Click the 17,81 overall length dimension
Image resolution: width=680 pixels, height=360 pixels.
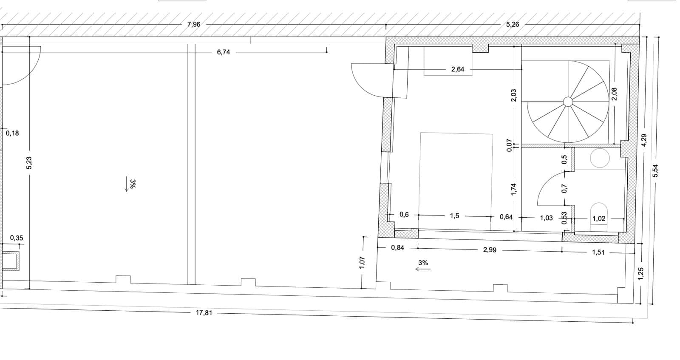(204, 313)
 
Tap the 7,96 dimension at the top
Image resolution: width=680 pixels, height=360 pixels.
(193, 24)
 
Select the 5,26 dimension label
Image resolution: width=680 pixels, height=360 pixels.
(513, 24)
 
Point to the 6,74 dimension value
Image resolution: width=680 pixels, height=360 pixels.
(223, 52)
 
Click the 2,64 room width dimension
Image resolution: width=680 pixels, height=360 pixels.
(457, 69)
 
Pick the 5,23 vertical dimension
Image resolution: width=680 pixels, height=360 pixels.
(29, 163)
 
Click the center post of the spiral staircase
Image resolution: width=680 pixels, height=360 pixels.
(567, 101)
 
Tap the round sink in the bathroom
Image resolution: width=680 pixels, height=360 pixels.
(600, 158)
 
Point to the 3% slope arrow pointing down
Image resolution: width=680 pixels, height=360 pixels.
(127, 185)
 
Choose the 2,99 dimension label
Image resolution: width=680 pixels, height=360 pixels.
(490, 250)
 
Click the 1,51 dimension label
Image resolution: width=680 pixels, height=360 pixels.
(598, 252)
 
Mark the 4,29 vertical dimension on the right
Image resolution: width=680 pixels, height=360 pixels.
(643, 140)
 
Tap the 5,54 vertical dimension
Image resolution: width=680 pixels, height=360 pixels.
(655, 170)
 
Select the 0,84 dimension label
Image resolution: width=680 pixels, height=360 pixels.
(397, 247)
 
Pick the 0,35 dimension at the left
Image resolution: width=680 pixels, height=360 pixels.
(17, 238)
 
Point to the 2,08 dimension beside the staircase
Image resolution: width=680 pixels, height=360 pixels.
(614, 94)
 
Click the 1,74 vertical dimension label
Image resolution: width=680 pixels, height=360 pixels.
(513, 189)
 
